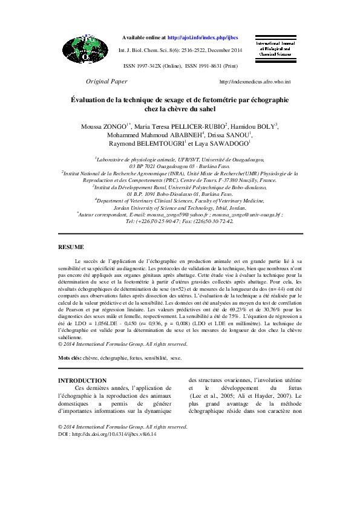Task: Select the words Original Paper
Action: tap(106, 81)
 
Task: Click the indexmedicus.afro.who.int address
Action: tap(255, 82)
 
